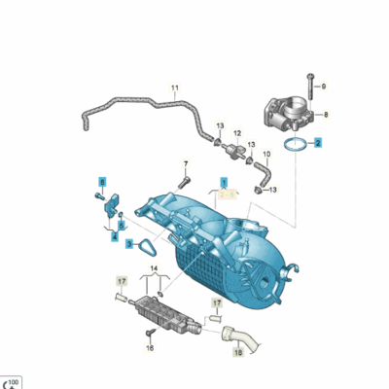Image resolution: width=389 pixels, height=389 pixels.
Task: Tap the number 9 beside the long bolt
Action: click(x=324, y=87)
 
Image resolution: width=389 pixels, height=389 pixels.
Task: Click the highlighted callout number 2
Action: click(x=316, y=142)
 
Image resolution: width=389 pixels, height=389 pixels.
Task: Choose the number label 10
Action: click(x=267, y=154)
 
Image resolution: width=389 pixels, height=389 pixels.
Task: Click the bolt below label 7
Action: click(x=182, y=180)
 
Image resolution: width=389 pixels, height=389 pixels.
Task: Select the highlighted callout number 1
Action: click(x=223, y=182)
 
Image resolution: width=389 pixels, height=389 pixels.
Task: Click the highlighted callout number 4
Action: click(x=114, y=236)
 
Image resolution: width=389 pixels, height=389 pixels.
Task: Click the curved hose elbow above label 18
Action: click(x=238, y=337)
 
